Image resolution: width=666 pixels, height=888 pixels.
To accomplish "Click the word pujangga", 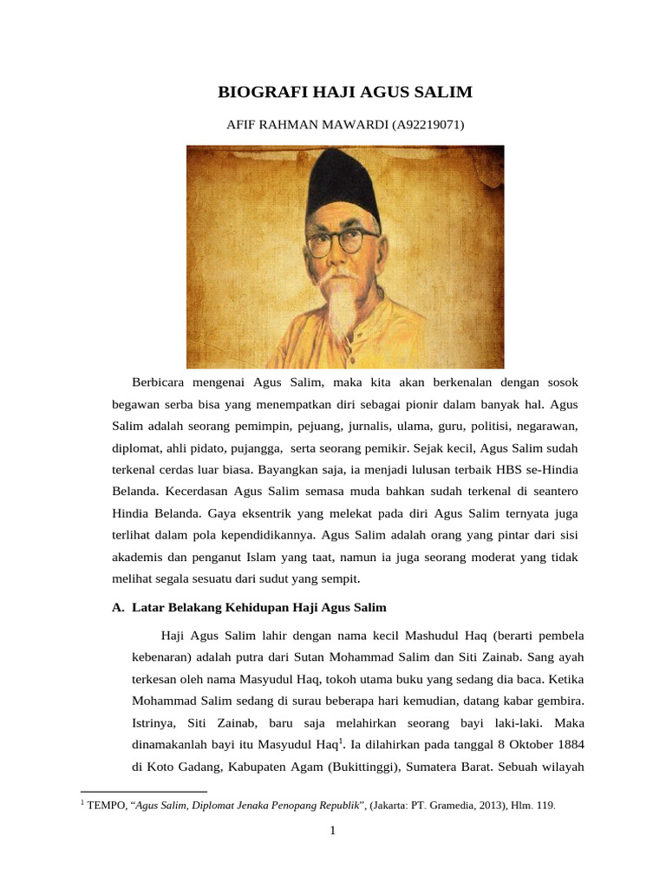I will click(x=264, y=448).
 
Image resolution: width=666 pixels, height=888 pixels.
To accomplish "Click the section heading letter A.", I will click(x=118, y=608).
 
